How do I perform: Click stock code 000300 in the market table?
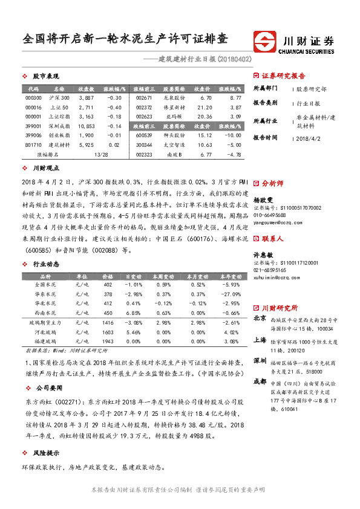(34, 98)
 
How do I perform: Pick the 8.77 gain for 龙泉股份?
(235, 98)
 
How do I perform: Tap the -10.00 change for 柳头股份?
(233, 137)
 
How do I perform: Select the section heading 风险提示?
(47, 453)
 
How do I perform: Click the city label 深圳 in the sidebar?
(260, 360)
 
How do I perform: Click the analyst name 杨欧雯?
(263, 198)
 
